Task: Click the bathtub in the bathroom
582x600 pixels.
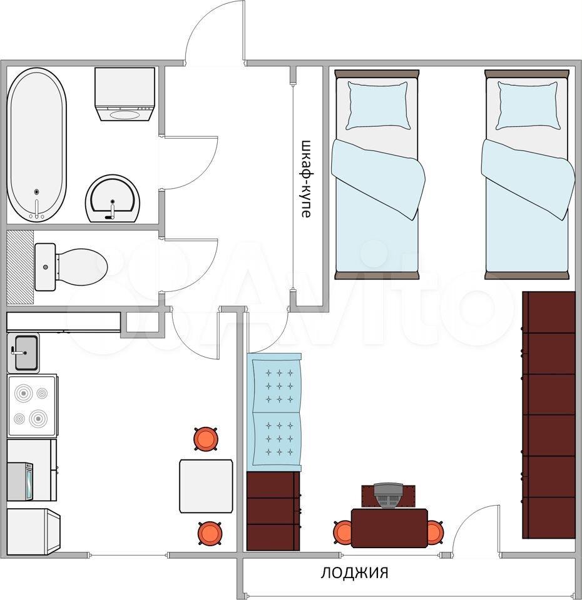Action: pyautogui.click(x=37, y=144)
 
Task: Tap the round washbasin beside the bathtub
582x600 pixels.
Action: pyautogui.click(x=113, y=199)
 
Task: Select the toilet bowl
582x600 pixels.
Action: pyautogui.click(x=71, y=266)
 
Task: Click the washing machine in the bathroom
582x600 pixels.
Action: pyautogui.click(x=125, y=94)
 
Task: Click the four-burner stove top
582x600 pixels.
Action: pyautogui.click(x=33, y=405)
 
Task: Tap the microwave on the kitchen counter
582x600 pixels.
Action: pyautogui.click(x=20, y=481)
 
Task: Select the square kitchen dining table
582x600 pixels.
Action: pyautogui.click(x=207, y=486)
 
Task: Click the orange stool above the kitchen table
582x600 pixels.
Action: pyautogui.click(x=206, y=438)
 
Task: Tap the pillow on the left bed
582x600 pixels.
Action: pyautogui.click(x=377, y=105)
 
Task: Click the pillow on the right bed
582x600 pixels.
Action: pyautogui.click(x=528, y=105)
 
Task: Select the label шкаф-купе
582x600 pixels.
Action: pyautogui.click(x=306, y=178)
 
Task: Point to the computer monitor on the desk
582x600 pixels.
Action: pyautogui.click(x=389, y=495)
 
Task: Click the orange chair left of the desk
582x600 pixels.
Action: pyautogui.click(x=342, y=532)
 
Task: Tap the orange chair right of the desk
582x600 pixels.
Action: pyautogui.click(x=436, y=532)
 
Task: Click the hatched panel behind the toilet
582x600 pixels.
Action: pyautogui.click(x=20, y=266)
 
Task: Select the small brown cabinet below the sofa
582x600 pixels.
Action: pyautogui.click(x=273, y=511)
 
